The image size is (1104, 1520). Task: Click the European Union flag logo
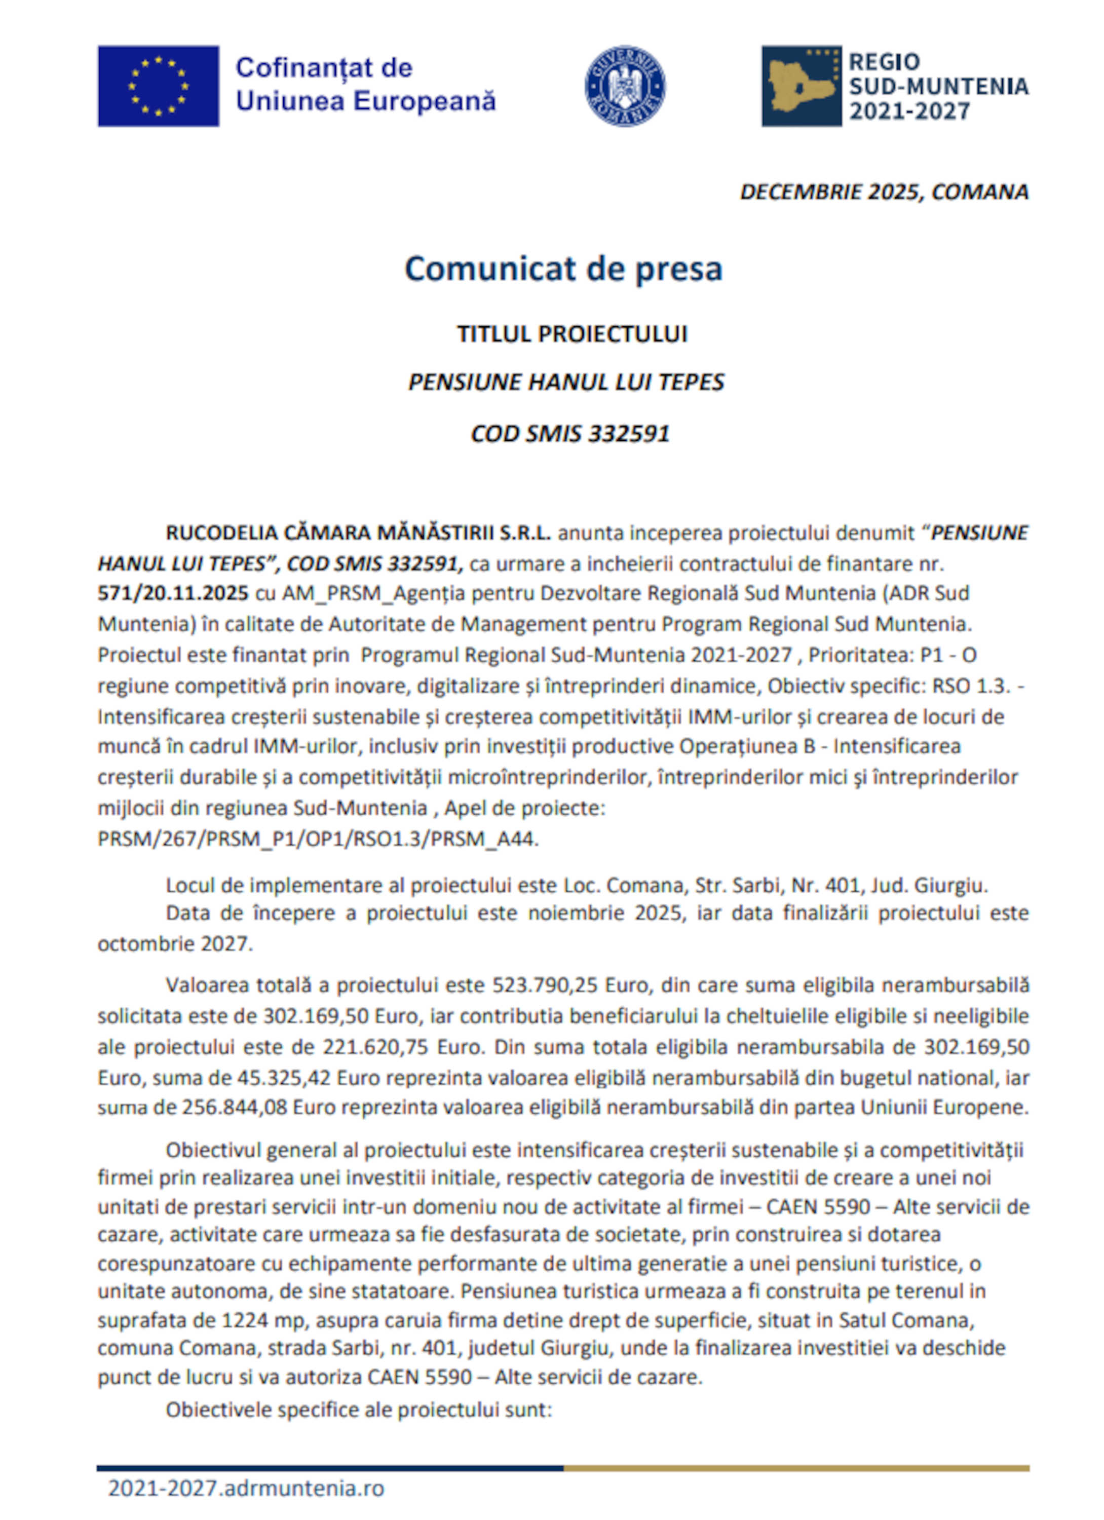(158, 86)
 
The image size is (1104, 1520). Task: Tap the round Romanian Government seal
(625, 86)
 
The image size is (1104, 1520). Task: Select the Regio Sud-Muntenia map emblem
(801, 86)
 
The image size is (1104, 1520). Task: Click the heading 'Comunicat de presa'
(563, 269)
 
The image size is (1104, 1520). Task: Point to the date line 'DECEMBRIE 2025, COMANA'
(884, 192)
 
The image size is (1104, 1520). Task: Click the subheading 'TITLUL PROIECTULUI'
(572, 334)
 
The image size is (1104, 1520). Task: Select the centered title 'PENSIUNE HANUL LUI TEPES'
(566, 382)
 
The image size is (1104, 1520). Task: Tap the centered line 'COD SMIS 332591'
(570, 434)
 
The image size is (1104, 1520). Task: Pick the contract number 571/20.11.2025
(173, 593)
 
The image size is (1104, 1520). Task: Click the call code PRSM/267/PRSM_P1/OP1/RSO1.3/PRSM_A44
(318, 839)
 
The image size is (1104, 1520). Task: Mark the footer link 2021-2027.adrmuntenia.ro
(246, 1488)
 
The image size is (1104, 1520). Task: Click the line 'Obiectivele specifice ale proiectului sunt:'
(359, 1410)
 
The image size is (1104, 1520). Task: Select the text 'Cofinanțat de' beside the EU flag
(324, 68)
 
